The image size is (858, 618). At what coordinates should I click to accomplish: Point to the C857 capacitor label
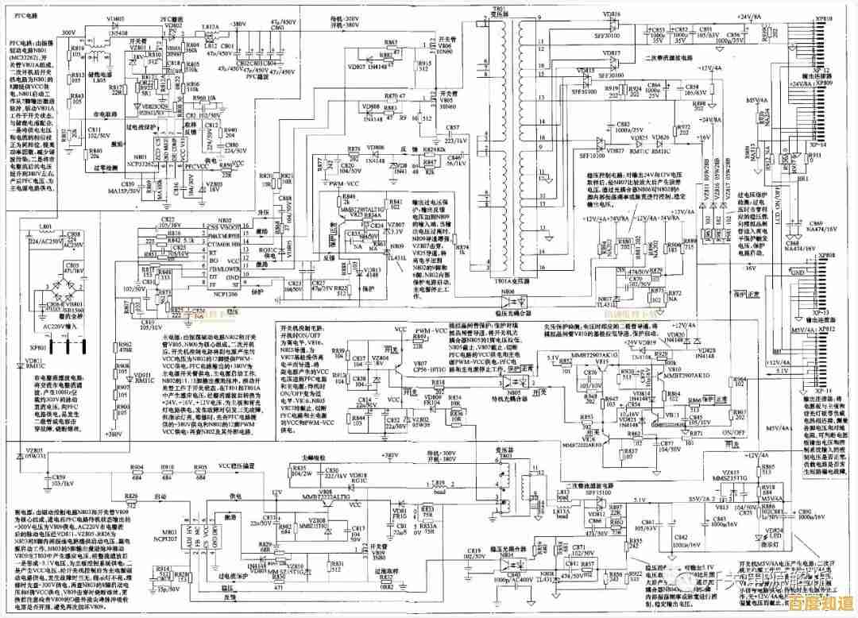point(453,128)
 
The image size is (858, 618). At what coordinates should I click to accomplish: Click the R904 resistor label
point(137,467)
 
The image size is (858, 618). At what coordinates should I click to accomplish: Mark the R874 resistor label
point(465,248)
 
